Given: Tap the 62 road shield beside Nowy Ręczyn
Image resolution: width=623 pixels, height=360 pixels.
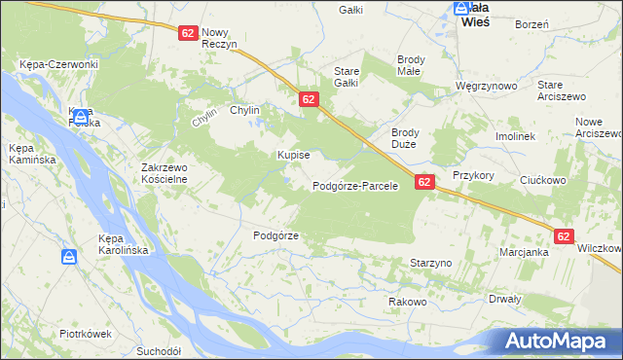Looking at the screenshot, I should click(x=189, y=32).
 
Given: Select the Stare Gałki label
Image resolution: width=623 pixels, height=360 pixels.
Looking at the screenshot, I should click(x=347, y=77).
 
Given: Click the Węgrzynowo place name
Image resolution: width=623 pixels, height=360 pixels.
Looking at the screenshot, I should click(x=486, y=86).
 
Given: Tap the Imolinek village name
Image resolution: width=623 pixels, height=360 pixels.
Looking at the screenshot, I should click(x=516, y=137).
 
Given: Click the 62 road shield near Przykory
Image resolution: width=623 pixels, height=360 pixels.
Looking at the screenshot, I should click(x=424, y=181).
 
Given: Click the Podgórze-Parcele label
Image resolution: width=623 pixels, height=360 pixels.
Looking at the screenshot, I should click(x=355, y=186).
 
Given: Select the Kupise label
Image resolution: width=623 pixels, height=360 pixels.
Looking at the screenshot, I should click(x=293, y=155).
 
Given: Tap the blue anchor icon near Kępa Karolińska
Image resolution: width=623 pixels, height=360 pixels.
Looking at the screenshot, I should click(x=69, y=257).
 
